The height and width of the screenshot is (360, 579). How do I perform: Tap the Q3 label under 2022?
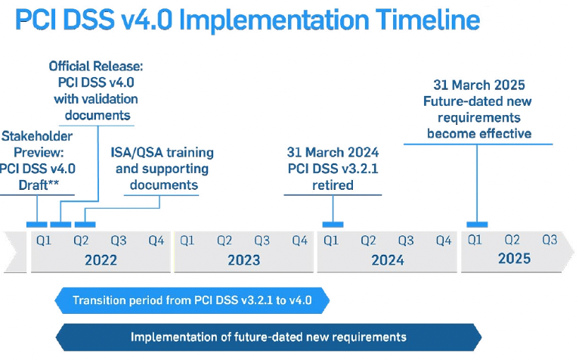[x=119, y=241]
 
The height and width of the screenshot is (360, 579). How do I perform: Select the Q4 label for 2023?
[x=300, y=241]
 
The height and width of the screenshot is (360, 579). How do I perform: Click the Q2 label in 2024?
[x=368, y=241]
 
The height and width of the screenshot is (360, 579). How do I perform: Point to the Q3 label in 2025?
[x=550, y=241]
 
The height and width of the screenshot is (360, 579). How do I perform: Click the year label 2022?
[x=101, y=260]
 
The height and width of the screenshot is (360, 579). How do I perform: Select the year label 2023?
[x=243, y=260]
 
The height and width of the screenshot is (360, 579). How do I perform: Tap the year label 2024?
[x=388, y=260]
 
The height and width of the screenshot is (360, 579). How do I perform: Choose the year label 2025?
[x=515, y=259]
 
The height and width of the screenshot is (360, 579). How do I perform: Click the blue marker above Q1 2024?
[x=333, y=225]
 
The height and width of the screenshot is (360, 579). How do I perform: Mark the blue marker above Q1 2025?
[x=477, y=225]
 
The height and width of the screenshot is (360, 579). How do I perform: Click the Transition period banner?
[x=192, y=300]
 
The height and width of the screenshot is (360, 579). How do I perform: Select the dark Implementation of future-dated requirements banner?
[x=268, y=337]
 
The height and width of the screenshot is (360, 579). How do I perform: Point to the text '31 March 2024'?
[x=333, y=152]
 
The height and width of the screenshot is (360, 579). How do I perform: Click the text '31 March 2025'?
[x=479, y=85]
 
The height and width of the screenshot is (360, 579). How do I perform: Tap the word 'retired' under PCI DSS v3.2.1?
[x=333, y=185]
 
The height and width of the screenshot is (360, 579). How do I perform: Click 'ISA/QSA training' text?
[x=162, y=152]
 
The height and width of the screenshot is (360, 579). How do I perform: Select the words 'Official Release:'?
[x=96, y=66]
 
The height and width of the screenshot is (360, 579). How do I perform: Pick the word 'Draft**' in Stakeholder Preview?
[x=39, y=185]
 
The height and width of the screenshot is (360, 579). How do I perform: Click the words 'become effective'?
[x=479, y=133]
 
